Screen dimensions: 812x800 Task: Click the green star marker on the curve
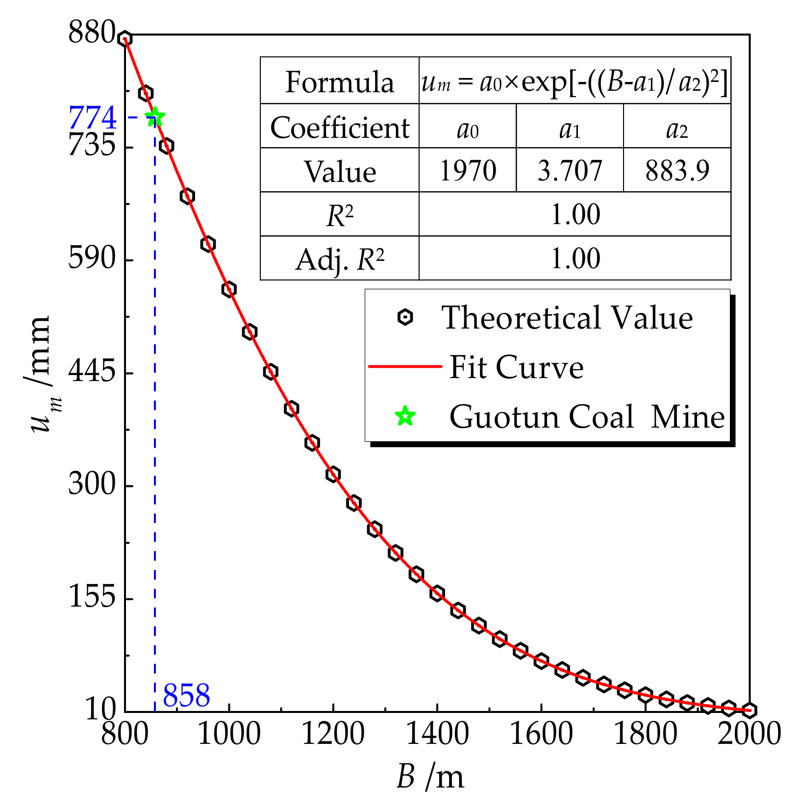[x=155, y=117]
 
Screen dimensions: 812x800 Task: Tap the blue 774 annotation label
[x=93, y=118]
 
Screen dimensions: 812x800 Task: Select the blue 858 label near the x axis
[x=186, y=695]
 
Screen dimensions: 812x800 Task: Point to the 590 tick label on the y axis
[x=92, y=258]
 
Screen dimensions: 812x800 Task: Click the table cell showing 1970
[x=468, y=171]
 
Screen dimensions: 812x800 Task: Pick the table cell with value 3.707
[x=570, y=171]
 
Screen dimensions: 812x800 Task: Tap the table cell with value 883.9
[x=677, y=171]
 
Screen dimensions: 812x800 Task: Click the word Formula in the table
[x=340, y=82]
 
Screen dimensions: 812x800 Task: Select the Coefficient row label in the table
[x=340, y=127]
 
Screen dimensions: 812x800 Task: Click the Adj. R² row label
[x=340, y=259]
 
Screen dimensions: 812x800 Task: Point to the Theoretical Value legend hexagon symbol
[x=405, y=317]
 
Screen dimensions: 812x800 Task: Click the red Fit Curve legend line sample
[x=405, y=366]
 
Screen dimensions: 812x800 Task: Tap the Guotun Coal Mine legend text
[x=587, y=417]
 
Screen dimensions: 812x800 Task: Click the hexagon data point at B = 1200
[x=333, y=474]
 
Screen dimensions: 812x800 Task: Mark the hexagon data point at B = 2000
[x=749, y=710]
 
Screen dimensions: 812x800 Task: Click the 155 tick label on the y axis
[x=92, y=597]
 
